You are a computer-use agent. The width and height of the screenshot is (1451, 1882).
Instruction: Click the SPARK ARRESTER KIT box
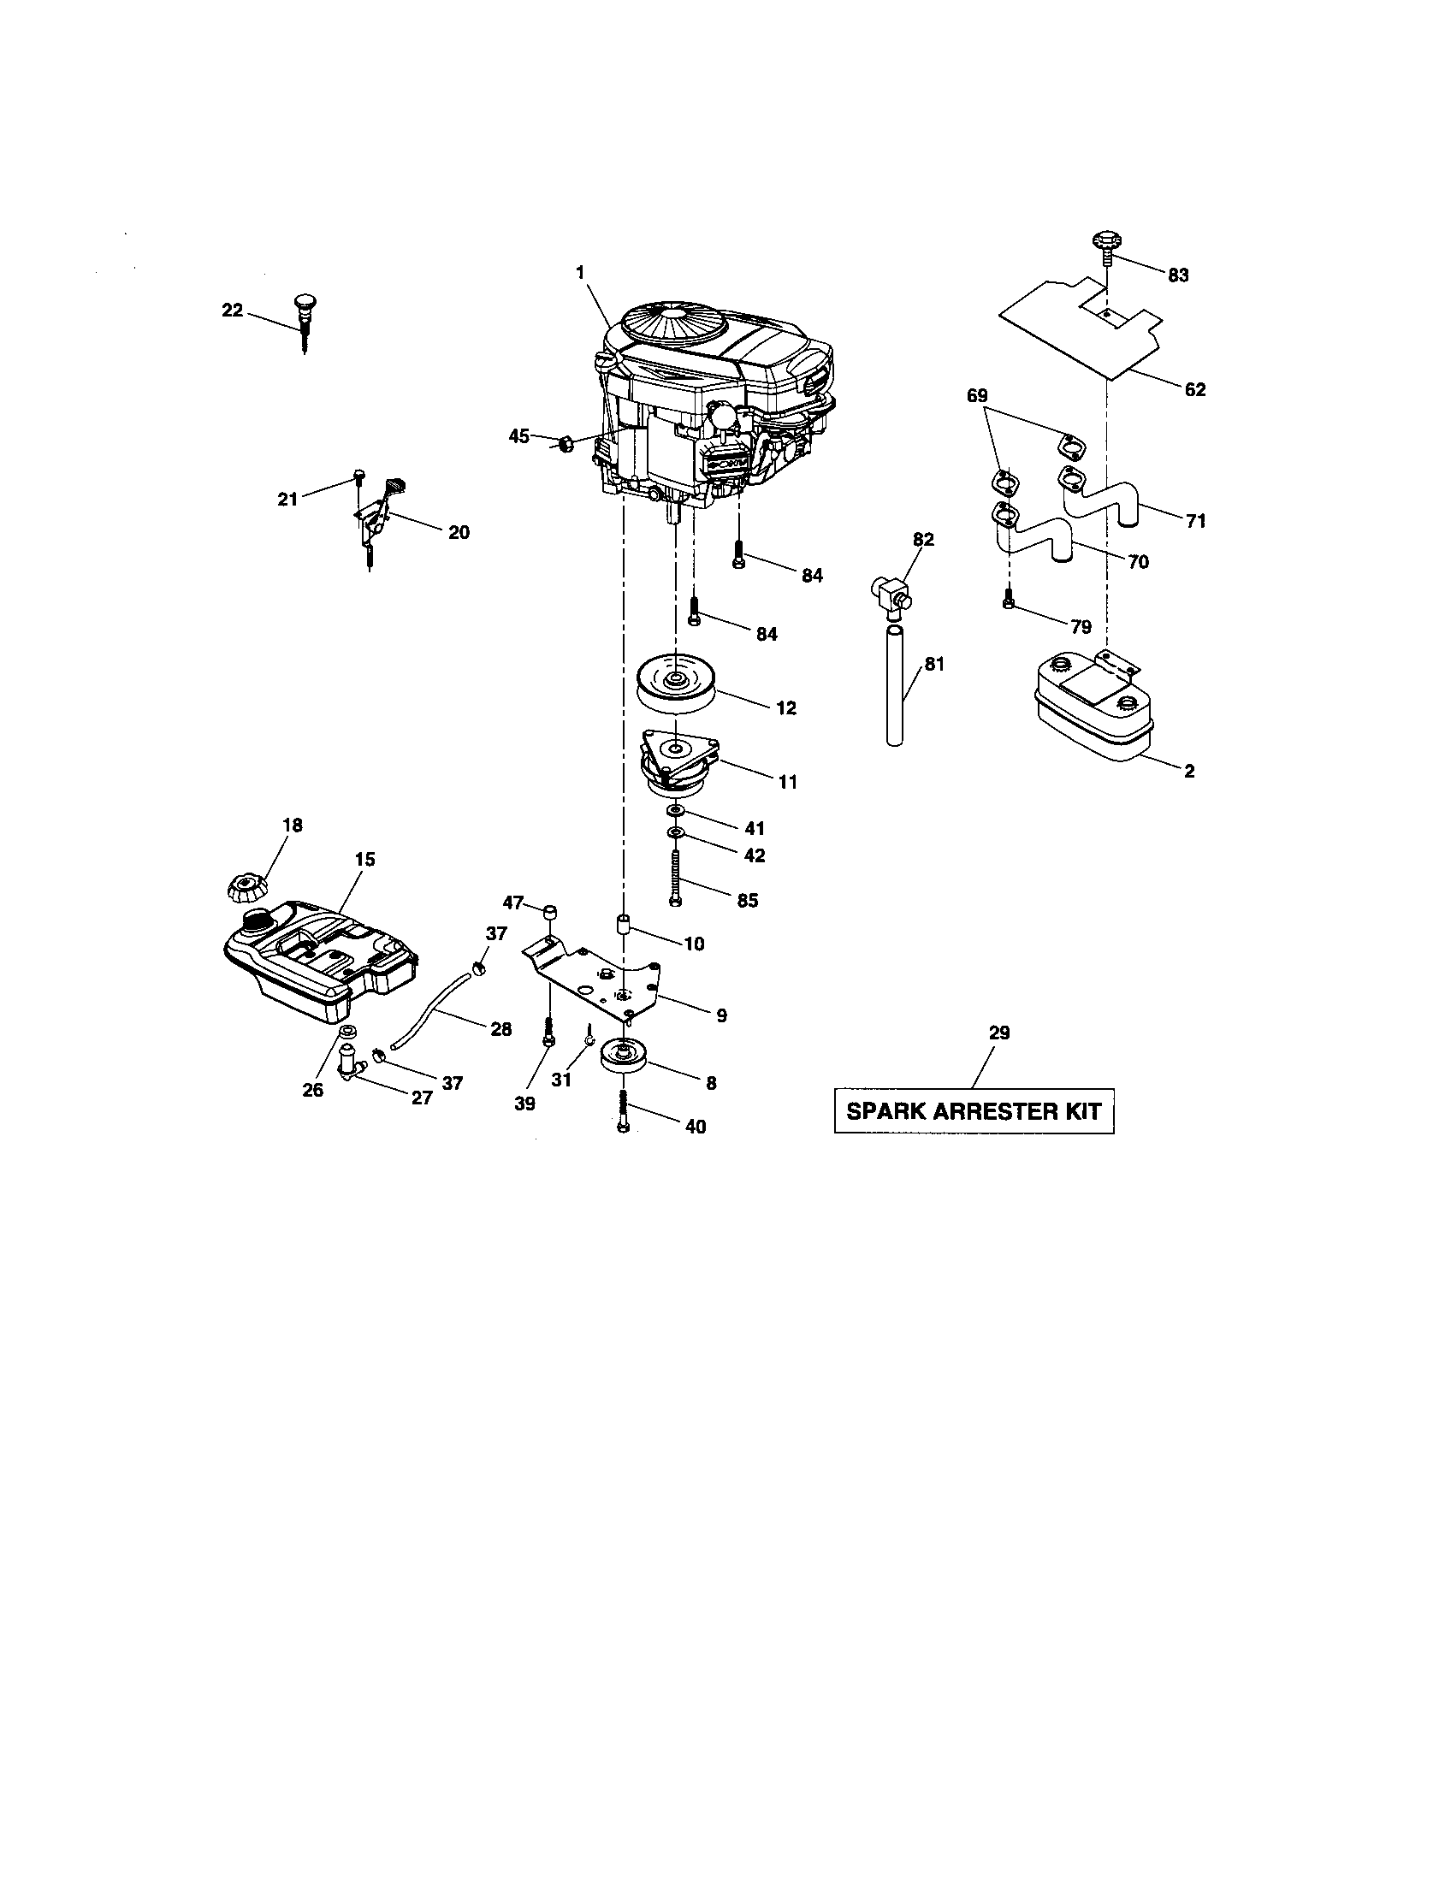974,1110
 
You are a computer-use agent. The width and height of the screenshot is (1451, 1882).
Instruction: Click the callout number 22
233,311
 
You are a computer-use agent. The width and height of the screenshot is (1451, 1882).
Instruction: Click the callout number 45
518,437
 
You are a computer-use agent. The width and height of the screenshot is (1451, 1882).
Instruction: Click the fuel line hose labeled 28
431,1009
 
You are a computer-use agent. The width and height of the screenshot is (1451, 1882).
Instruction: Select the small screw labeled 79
1008,603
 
